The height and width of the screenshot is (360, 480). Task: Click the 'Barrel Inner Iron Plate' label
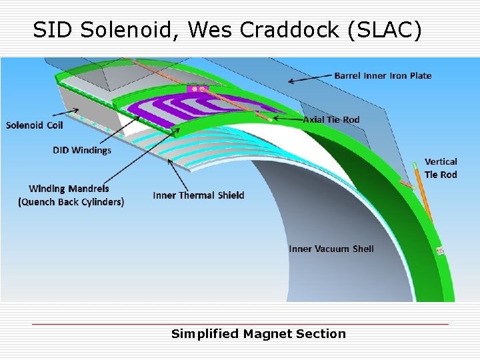(x=383, y=75)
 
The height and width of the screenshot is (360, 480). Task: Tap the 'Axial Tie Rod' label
(x=331, y=120)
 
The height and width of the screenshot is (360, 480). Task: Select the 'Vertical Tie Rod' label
(x=441, y=168)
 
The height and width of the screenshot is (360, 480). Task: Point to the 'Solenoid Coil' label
(x=35, y=125)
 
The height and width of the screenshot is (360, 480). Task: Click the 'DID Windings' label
(x=82, y=150)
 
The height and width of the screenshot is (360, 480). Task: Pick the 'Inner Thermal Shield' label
(x=199, y=195)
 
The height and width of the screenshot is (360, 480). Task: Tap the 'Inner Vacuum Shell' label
(x=331, y=249)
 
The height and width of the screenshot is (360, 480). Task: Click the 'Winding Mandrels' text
(x=69, y=189)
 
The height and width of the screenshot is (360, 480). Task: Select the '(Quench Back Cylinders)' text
(x=71, y=201)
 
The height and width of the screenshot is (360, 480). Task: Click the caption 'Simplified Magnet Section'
(x=259, y=334)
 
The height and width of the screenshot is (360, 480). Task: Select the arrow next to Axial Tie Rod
(x=287, y=119)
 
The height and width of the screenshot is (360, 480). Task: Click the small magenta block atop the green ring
(x=198, y=88)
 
